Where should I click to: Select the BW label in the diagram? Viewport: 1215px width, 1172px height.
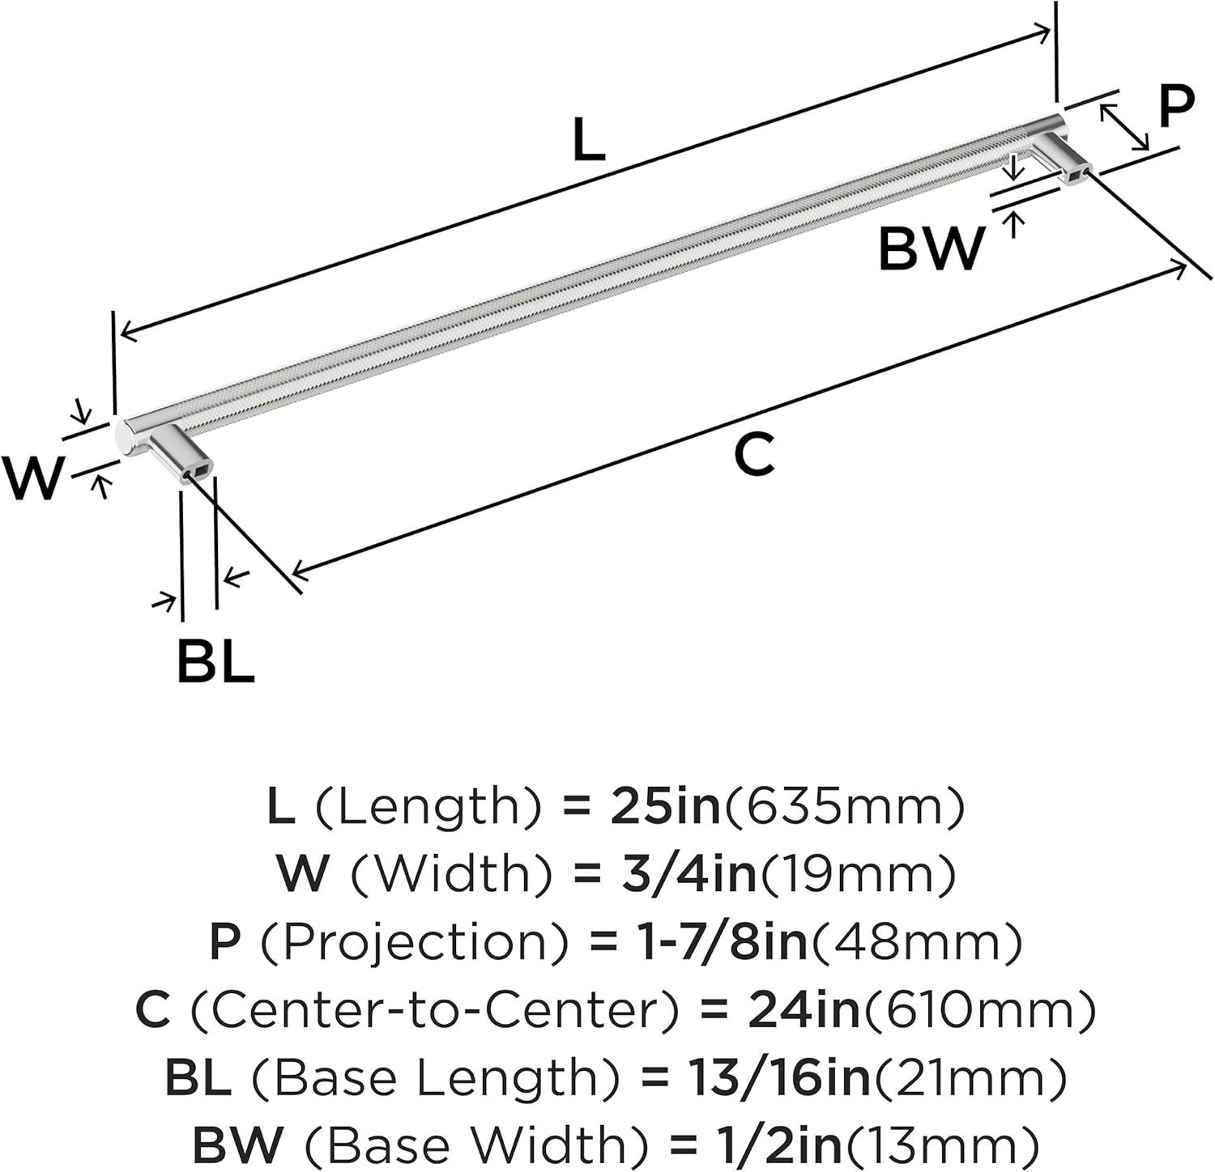(x=932, y=248)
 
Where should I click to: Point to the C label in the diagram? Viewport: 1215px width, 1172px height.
(x=754, y=454)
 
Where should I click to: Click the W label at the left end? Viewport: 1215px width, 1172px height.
(x=32, y=478)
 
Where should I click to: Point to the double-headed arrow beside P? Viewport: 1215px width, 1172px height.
(x=1124, y=125)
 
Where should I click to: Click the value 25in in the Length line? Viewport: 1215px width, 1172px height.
(x=665, y=807)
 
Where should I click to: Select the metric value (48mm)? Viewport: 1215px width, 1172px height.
(x=916, y=942)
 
